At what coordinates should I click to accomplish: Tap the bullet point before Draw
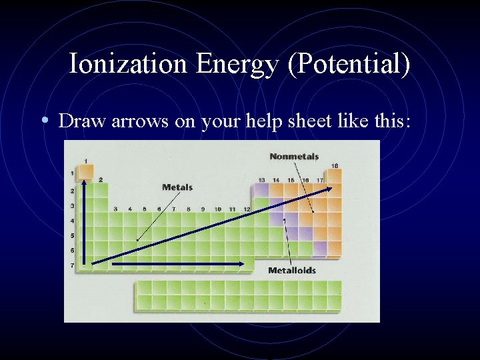[x=44, y=121]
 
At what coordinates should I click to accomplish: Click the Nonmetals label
[x=294, y=157]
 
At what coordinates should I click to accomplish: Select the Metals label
[x=177, y=187]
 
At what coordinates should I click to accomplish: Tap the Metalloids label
[x=292, y=271]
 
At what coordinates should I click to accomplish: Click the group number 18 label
[x=335, y=165]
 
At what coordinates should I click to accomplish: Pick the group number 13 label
[x=262, y=180]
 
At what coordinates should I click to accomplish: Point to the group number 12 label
[x=247, y=209]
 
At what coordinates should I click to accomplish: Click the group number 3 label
[x=115, y=209]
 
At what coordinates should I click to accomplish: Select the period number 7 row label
[x=73, y=265]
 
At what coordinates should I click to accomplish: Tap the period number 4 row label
[x=73, y=221]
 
